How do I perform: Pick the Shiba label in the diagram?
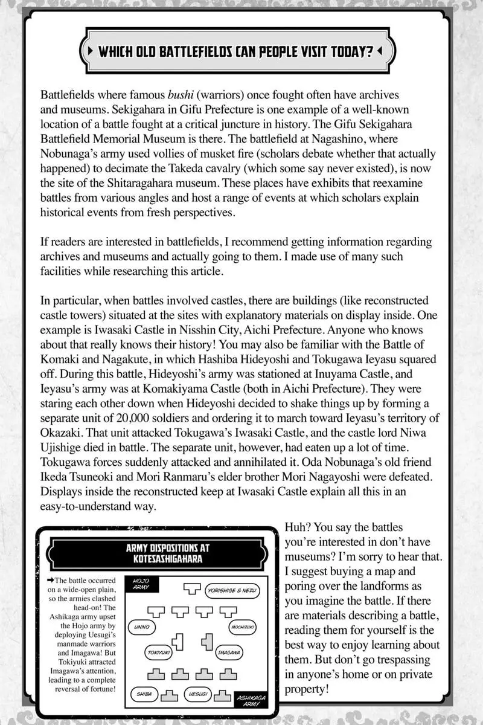coord(143,694)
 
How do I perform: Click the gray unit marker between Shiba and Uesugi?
coord(171,695)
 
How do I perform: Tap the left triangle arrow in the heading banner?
coord(91,51)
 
